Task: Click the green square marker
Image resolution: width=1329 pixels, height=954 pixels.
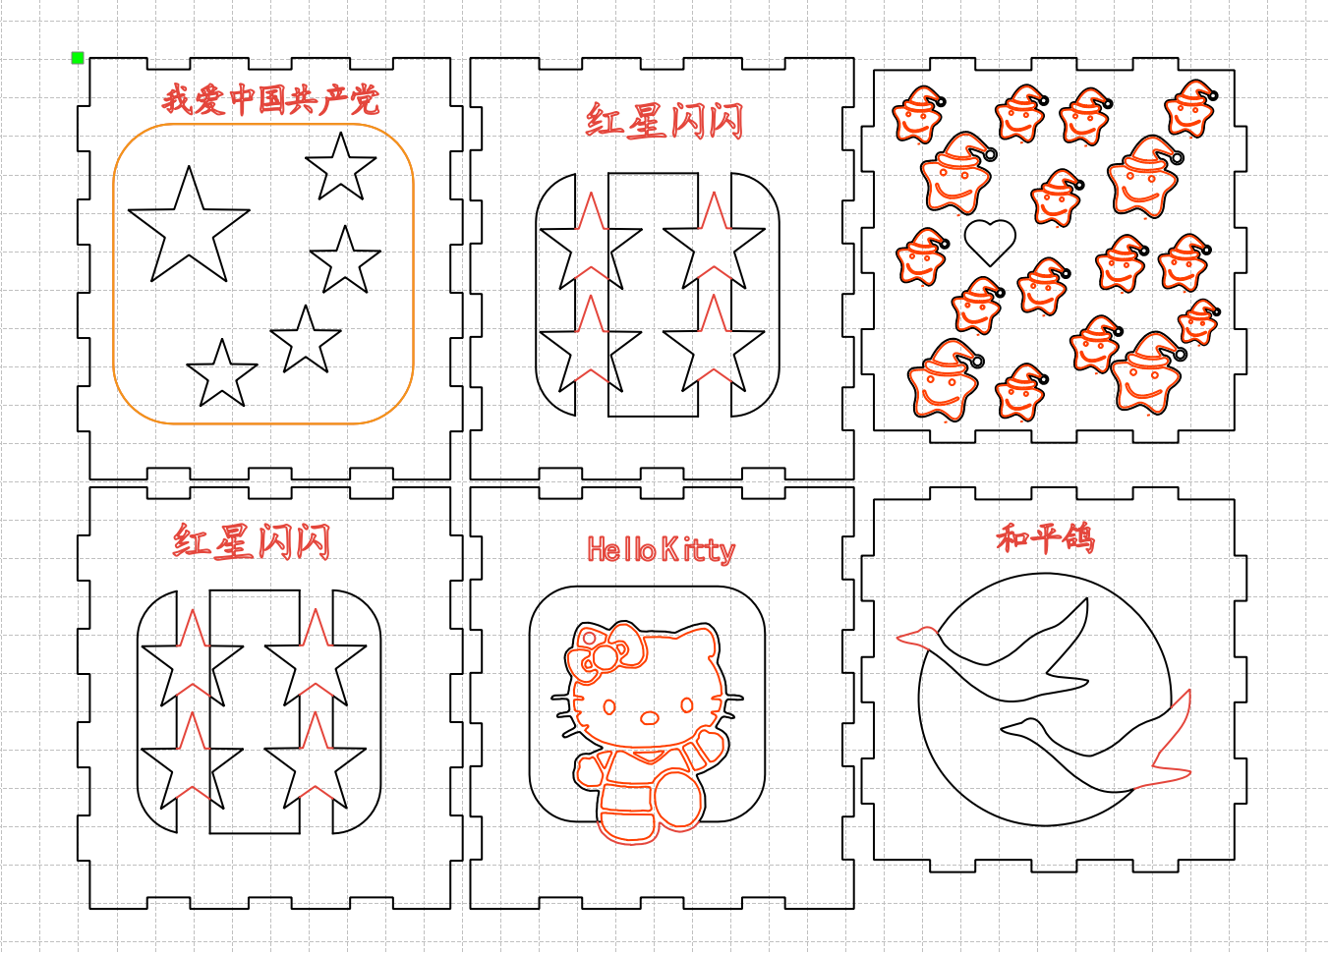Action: coord(78,58)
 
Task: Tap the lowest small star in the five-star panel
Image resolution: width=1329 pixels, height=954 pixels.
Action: coord(222,373)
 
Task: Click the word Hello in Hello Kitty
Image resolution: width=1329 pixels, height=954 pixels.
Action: coord(621,549)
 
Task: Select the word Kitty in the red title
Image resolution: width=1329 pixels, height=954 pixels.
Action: coord(698,551)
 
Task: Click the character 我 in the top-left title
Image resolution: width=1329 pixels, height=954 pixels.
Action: coord(177,99)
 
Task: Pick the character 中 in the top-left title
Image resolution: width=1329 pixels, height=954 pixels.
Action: coord(242,99)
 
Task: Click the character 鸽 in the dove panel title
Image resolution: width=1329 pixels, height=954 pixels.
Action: coord(1078,538)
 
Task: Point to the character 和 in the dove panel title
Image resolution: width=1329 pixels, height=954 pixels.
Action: coord(1012,538)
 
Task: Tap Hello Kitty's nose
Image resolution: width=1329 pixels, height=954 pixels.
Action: coord(650,718)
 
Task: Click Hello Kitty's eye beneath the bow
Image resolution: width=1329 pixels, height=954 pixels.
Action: coord(609,706)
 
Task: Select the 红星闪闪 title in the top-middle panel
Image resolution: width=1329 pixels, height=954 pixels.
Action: coord(664,121)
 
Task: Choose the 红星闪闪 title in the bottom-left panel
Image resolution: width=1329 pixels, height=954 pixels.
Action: coord(252,541)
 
